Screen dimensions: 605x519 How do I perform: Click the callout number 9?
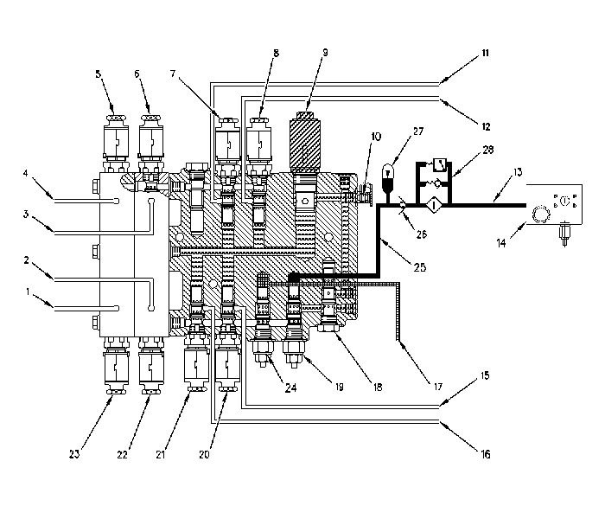click(x=325, y=52)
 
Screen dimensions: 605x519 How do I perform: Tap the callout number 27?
click(x=418, y=131)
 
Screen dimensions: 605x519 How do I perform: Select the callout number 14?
click(x=500, y=243)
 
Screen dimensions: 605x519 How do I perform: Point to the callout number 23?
click(x=74, y=454)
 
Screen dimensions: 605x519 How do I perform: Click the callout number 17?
click(x=438, y=386)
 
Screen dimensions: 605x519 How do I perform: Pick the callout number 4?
click(x=25, y=173)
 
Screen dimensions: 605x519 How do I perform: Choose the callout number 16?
click(x=486, y=454)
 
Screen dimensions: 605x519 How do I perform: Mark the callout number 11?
click(x=486, y=53)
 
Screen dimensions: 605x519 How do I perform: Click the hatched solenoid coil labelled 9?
click(x=304, y=143)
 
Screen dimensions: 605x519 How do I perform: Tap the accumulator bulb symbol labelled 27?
click(x=388, y=178)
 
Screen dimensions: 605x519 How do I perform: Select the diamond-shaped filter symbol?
click(x=434, y=205)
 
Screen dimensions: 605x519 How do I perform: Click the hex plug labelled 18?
click(x=328, y=328)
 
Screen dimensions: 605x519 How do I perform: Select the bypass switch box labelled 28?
click(x=439, y=164)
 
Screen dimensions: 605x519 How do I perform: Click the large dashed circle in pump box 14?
click(x=540, y=214)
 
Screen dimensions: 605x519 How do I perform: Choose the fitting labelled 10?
click(x=364, y=195)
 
